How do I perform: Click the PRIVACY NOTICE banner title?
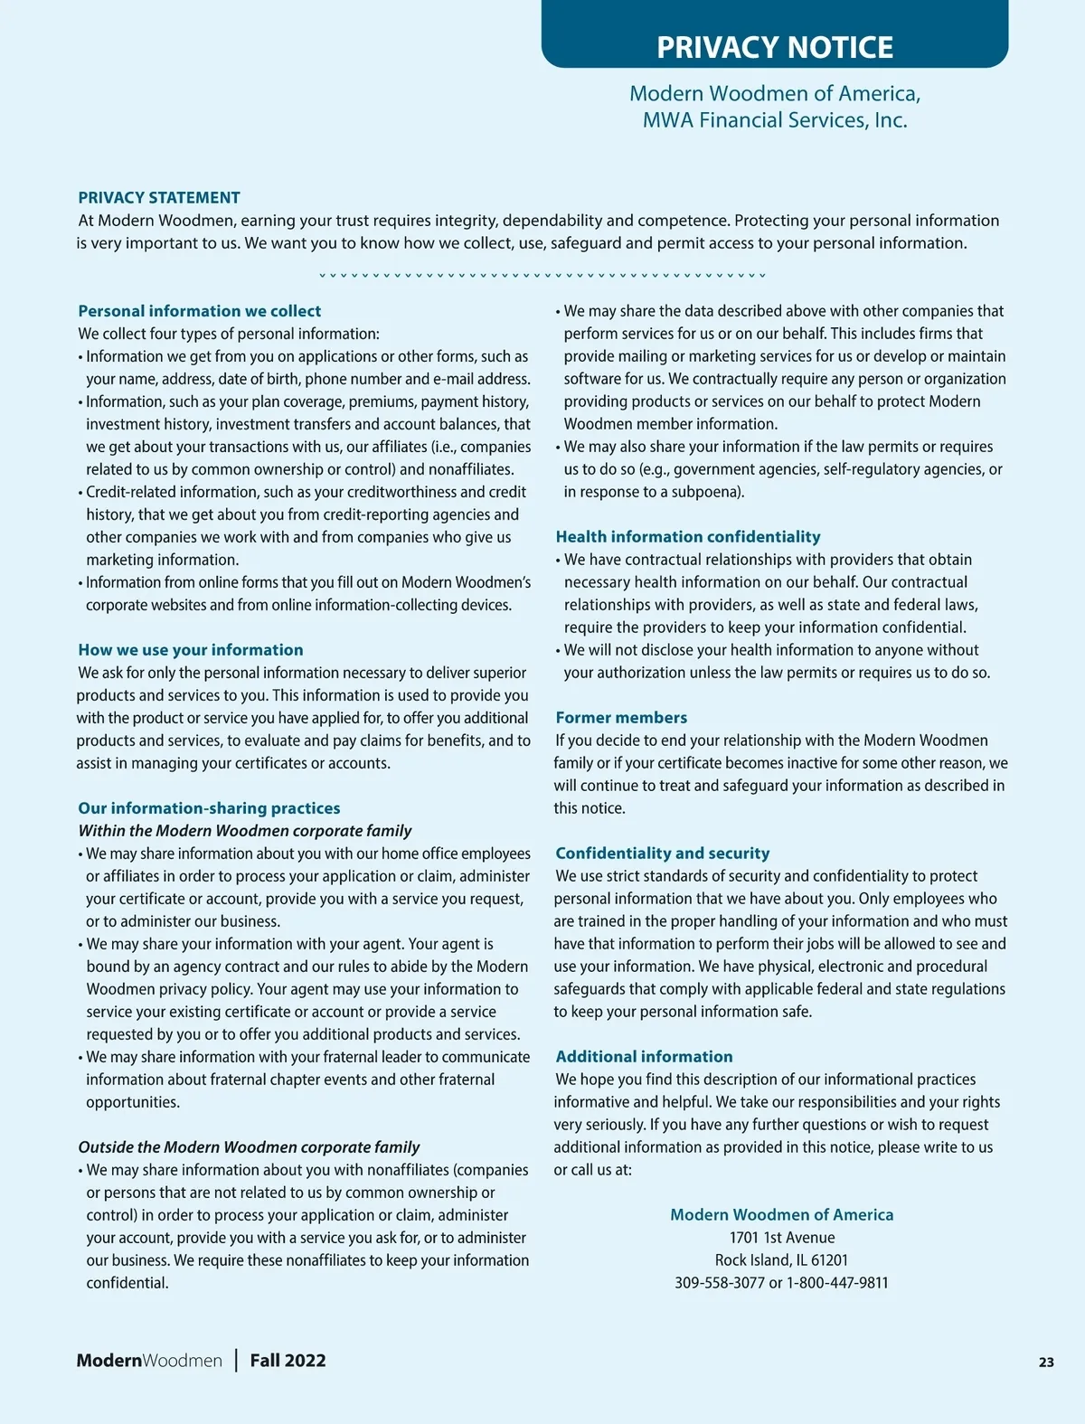775,47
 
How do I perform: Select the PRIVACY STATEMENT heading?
159,198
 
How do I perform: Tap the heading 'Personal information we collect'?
199,311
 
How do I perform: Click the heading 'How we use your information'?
191,650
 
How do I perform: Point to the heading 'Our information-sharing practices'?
209,808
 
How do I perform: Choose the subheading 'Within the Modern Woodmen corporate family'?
244,831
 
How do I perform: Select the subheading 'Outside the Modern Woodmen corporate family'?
249,1147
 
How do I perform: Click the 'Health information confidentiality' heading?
688,537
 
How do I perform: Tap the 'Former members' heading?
621,718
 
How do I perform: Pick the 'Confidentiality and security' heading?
663,853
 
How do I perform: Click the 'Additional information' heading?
644,1057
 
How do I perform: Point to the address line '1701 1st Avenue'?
782,1238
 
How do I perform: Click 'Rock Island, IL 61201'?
781,1260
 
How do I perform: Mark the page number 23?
1046,1363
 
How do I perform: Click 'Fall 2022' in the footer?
288,1361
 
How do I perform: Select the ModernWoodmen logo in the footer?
149,1361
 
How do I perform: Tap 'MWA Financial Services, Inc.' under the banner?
775,120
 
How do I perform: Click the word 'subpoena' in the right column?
704,492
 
